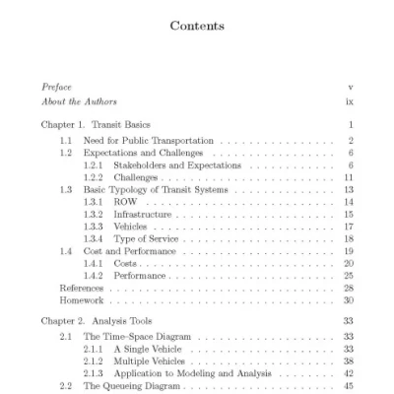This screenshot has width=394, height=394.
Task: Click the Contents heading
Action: (197, 26)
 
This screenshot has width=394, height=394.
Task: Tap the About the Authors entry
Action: (75, 101)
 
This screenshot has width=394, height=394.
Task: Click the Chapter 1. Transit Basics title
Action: (97, 126)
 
